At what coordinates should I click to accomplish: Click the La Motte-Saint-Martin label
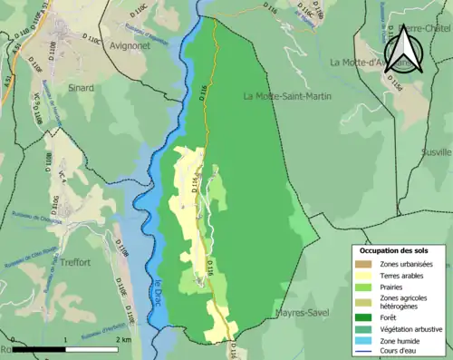(x=286, y=96)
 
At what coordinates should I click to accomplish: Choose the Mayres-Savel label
(x=302, y=314)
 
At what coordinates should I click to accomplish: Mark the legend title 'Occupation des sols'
(x=394, y=250)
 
